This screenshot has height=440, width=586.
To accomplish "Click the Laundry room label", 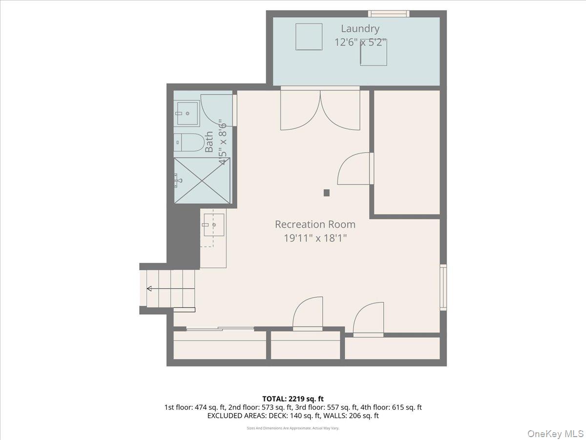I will click(x=360, y=29).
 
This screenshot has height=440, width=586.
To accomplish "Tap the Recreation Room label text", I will click(x=315, y=224).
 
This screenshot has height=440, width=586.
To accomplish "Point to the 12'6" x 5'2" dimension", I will click(x=360, y=43).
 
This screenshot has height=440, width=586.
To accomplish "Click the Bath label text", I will click(x=209, y=142).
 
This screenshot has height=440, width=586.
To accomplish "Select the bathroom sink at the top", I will click(x=187, y=113).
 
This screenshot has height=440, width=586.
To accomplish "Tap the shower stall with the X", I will click(x=202, y=180).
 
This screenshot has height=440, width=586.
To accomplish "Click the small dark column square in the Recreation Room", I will click(x=327, y=193).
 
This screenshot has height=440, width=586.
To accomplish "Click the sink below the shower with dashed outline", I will click(x=213, y=225).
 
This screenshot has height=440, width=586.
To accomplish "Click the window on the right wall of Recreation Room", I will click(x=443, y=287).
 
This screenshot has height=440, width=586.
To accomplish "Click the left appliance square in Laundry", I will click(x=309, y=37).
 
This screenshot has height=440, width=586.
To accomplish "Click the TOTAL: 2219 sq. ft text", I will click(x=293, y=399).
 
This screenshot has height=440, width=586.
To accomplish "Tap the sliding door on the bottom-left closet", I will click(x=220, y=329).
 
